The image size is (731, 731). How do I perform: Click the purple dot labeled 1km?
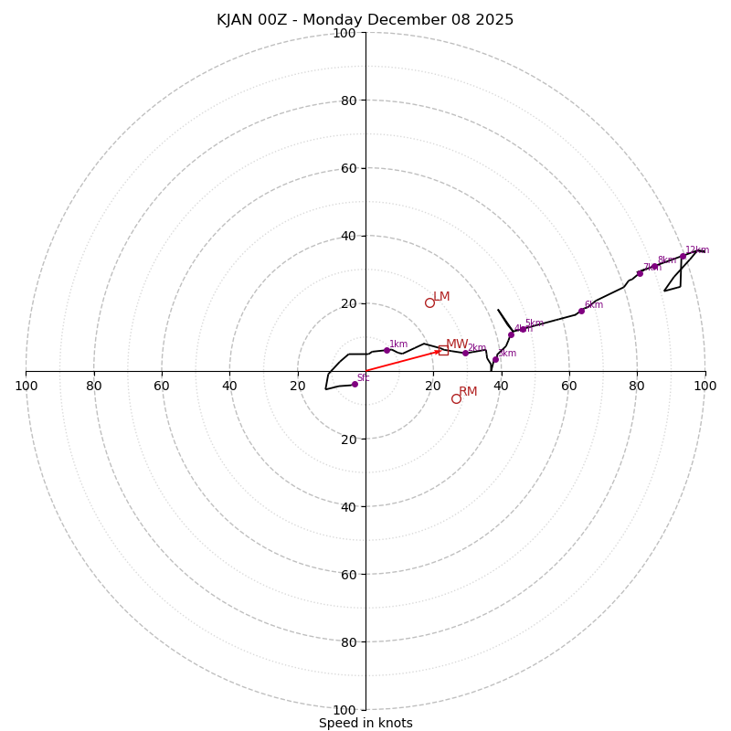point(387,350)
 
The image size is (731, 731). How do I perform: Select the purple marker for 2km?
point(465,353)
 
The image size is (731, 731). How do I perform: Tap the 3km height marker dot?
point(495,359)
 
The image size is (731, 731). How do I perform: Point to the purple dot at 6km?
point(581,311)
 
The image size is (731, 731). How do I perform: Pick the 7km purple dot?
point(640,273)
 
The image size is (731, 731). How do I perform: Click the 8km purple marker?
point(654,266)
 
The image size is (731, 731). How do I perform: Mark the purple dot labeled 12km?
point(683,256)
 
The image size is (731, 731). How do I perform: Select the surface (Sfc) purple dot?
point(355,384)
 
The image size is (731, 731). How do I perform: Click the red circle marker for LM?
point(429,302)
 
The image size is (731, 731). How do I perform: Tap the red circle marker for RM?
point(456,398)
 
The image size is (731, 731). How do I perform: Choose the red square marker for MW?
point(443,350)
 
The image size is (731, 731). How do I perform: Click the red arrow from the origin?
point(402,361)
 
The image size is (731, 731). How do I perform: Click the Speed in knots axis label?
point(365,723)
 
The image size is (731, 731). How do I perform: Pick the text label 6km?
point(594,305)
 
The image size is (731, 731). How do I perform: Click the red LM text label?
point(441,297)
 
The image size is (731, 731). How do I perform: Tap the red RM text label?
point(468,392)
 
